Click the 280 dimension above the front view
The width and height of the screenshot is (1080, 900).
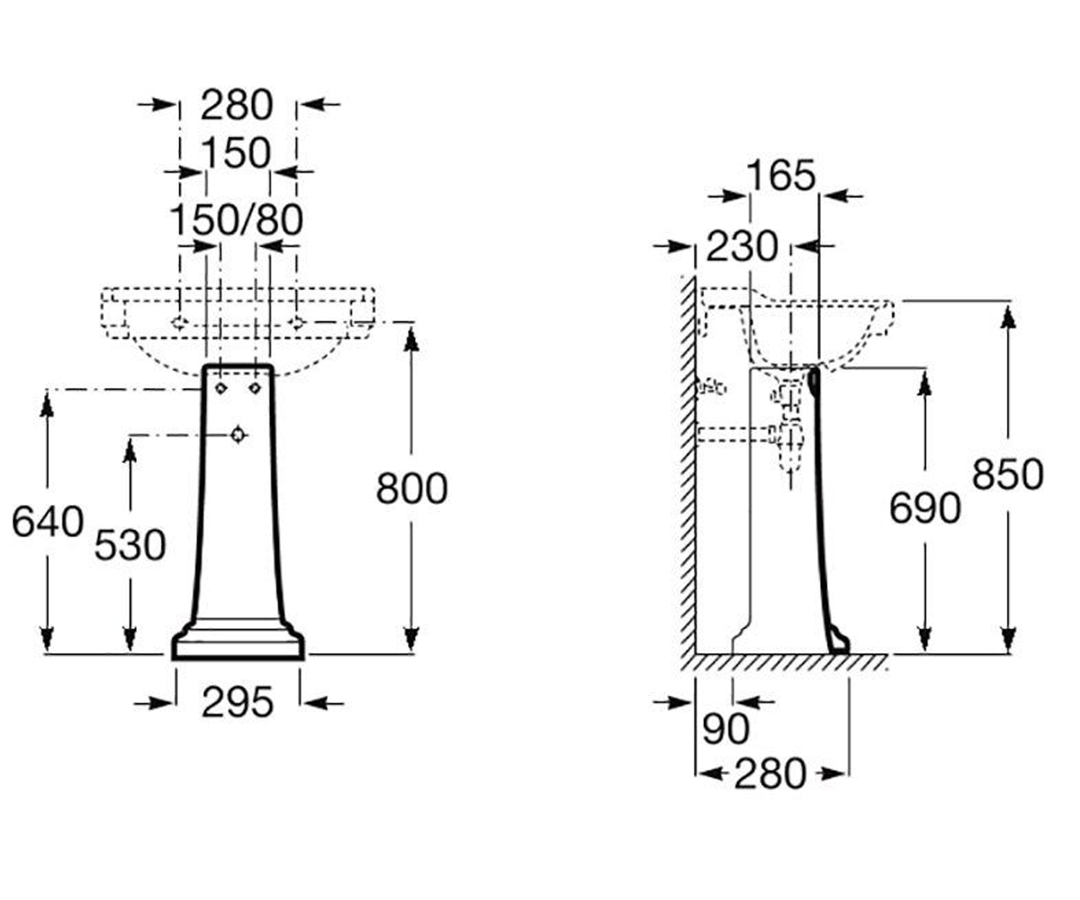pos(237,105)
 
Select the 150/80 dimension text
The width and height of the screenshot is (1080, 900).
pos(237,220)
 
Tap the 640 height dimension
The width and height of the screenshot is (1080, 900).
pos(48,521)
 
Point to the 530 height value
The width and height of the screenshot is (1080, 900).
pos(130,545)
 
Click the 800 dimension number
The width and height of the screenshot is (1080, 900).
pos(411,489)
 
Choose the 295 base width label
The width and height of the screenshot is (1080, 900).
pos(238,702)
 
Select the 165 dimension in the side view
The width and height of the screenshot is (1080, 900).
pos(781,175)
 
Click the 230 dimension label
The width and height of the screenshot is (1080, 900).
pos(742,247)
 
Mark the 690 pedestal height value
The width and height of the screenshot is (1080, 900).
pos(925,508)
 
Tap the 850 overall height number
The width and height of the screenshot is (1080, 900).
pos(1008,474)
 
